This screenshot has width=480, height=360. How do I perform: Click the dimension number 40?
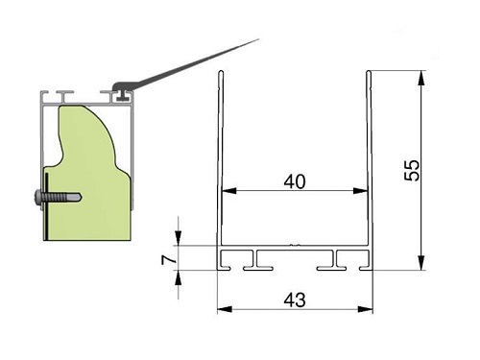click(295, 181)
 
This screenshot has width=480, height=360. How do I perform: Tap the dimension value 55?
click(412, 170)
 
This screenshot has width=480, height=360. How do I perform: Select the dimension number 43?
click(295, 300)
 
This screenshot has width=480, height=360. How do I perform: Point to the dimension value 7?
click(169, 260)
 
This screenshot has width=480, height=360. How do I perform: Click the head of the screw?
click(37, 197)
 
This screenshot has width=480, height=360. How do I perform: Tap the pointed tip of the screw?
click(81, 197)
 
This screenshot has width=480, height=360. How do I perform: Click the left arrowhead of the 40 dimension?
click(228, 191)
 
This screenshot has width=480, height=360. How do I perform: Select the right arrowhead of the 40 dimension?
click(361, 191)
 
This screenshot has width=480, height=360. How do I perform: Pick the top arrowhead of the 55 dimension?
click(421, 78)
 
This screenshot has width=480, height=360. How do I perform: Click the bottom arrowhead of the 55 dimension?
click(421, 263)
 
